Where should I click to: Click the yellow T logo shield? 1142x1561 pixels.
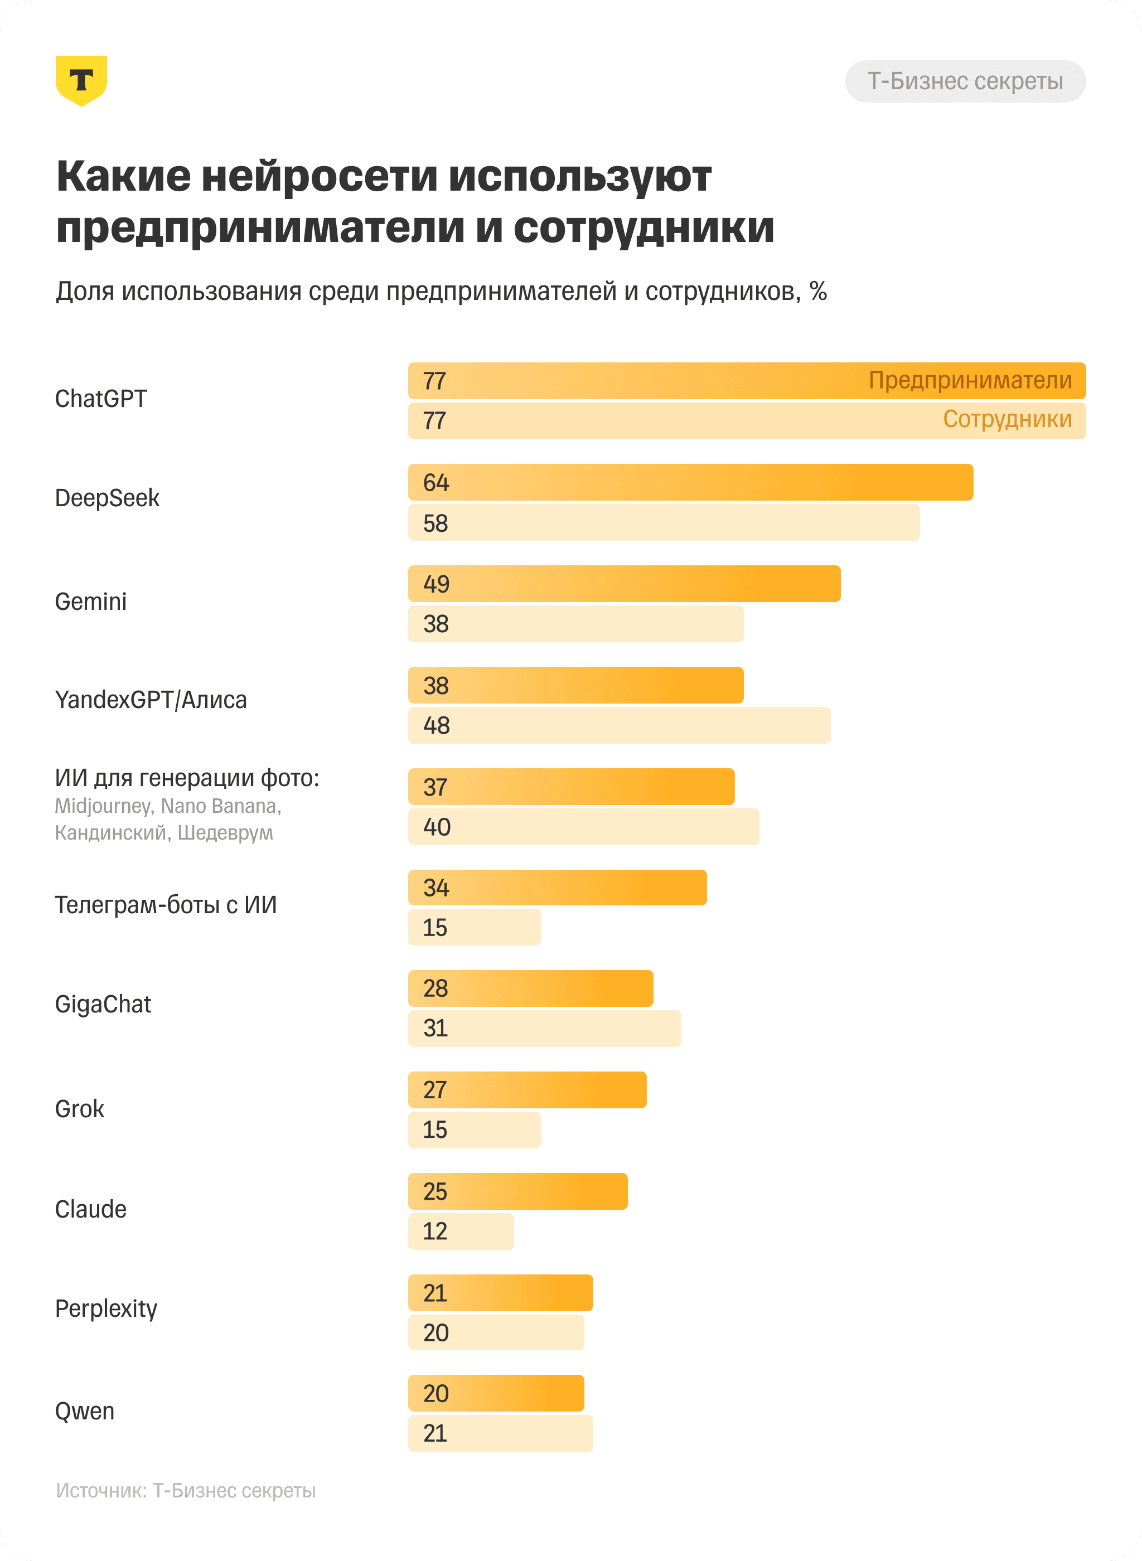(x=81, y=80)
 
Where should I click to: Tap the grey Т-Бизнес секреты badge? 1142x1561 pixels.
(x=965, y=81)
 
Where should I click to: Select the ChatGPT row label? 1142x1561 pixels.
(x=101, y=399)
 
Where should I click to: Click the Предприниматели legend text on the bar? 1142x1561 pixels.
(x=970, y=380)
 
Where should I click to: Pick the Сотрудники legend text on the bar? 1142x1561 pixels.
(x=1007, y=419)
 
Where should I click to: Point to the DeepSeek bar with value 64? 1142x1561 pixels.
(x=690, y=482)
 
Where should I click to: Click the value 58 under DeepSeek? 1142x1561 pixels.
(x=435, y=523)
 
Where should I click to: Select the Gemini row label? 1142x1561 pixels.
(x=90, y=601)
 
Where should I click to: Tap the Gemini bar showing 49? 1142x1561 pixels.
(x=623, y=584)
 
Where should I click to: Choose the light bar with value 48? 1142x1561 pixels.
(x=619, y=725)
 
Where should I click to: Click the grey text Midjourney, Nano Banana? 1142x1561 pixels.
(x=168, y=806)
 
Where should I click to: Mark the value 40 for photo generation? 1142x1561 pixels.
(x=437, y=827)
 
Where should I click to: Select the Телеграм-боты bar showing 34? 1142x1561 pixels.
(x=557, y=888)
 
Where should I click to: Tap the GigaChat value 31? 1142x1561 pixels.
(x=435, y=1028)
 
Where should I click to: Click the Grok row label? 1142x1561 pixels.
(x=80, y=1109)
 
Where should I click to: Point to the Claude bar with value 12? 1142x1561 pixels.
(x=461, y=1232)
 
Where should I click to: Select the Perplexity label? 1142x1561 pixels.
(x=106, y=1308)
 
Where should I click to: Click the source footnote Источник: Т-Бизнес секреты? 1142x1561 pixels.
(x=185, y=1491)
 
